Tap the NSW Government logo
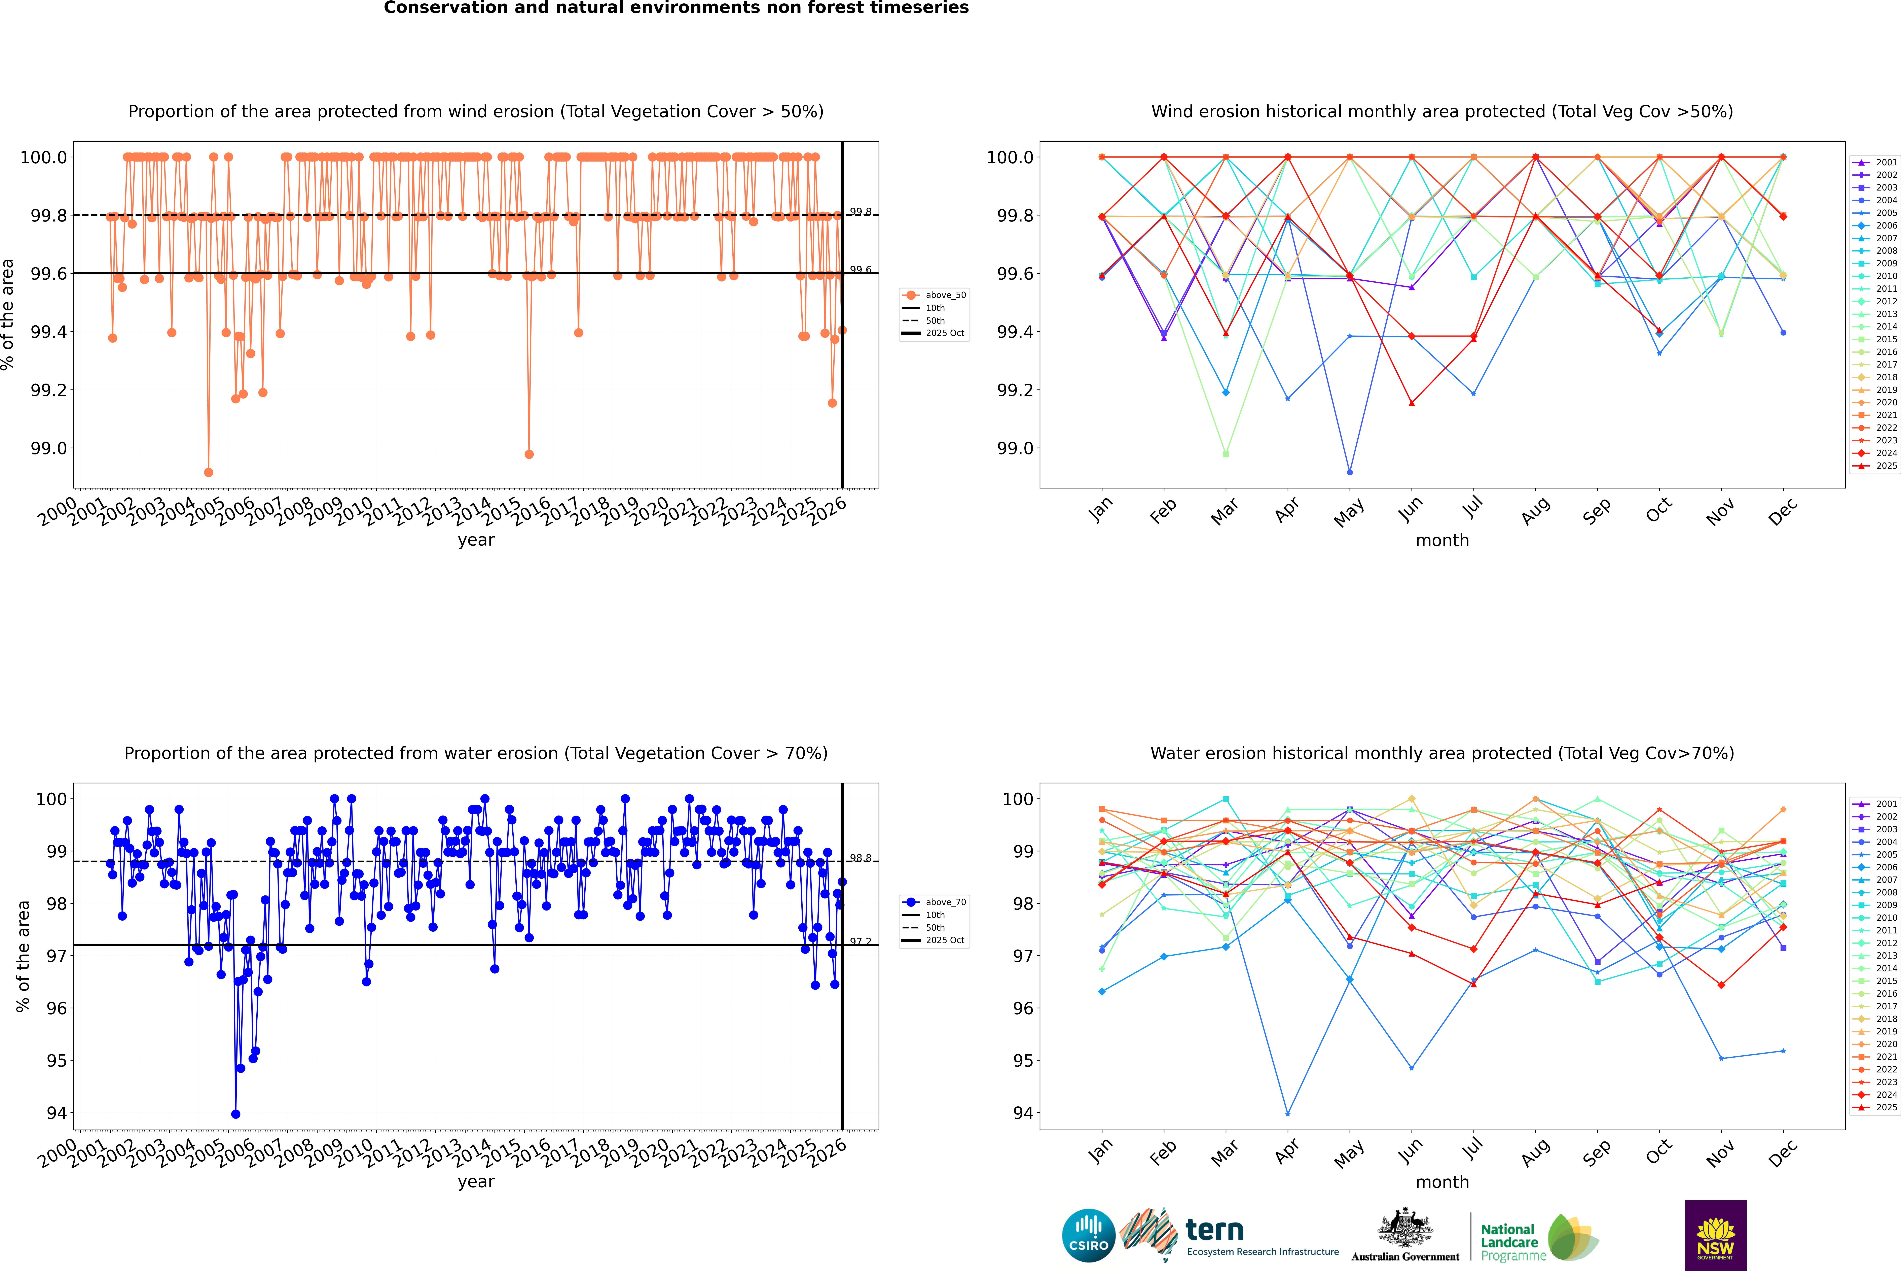[1715, 1235]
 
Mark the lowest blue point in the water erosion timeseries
[236, 1114]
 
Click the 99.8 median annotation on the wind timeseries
[860, 212]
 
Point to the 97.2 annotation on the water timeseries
[860, 942]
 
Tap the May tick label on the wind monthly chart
[1348, 512]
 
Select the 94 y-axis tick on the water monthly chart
[1023, 1113]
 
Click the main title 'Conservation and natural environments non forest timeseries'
[676, 8]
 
